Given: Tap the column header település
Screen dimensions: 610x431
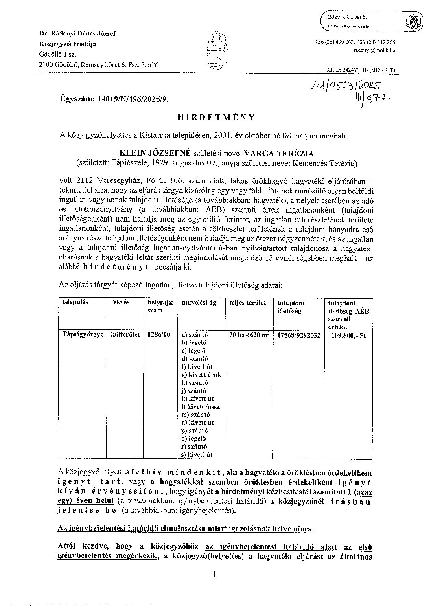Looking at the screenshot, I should click(75, 303).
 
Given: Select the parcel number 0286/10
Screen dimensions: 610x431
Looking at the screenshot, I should click(157, 335).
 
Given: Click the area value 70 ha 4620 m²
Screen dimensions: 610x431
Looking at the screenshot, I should click(249, 335).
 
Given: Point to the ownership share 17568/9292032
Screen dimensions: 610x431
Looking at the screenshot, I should click(298, 335).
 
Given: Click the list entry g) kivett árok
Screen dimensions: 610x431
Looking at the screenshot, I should click(201, 375).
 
